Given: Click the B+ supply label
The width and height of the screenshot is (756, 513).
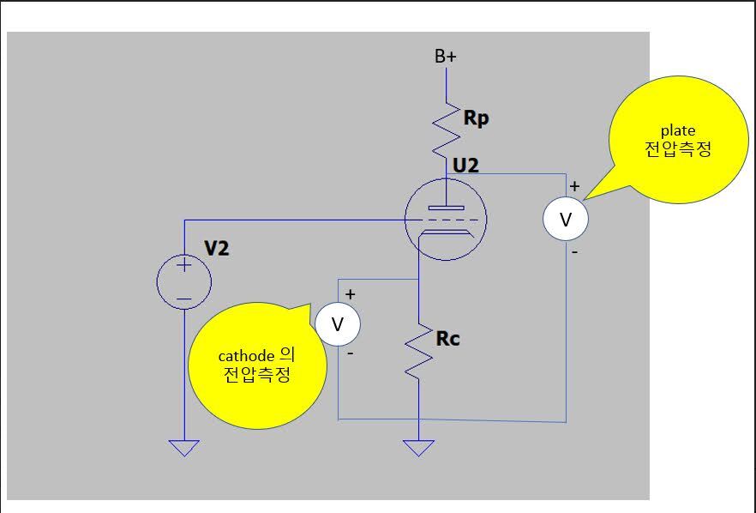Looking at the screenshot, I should coord(445,57).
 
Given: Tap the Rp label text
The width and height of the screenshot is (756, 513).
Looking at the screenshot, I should coord(476,118).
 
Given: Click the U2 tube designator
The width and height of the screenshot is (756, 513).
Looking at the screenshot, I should coord(465,165).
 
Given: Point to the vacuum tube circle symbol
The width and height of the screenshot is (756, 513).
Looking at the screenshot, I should coord(446,220).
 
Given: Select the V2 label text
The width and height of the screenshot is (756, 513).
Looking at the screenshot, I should coord(217,249).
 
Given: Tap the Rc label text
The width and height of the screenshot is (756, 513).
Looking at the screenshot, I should coord(447,339).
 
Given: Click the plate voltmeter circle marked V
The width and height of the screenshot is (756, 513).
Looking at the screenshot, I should coord(565,219).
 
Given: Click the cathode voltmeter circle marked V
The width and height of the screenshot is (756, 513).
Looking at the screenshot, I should coord(337,324).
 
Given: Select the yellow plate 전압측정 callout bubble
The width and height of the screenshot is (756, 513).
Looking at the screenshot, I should coord(677,139).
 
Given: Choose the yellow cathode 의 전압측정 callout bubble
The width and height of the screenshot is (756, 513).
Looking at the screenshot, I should coord(257,365).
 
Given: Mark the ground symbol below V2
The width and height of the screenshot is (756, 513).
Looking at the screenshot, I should coord(183,448).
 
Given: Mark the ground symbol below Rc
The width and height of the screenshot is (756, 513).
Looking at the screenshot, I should coord(417,448).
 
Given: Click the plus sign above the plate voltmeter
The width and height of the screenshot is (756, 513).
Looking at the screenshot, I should coord(574,185).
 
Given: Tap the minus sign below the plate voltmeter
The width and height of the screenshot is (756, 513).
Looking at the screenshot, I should coord(574,252).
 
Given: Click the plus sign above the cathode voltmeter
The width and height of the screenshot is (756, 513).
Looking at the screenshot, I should coord(350,294).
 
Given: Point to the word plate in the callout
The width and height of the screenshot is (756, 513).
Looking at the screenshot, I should coord(677,130).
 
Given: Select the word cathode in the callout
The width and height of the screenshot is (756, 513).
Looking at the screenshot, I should coord(246,355).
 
